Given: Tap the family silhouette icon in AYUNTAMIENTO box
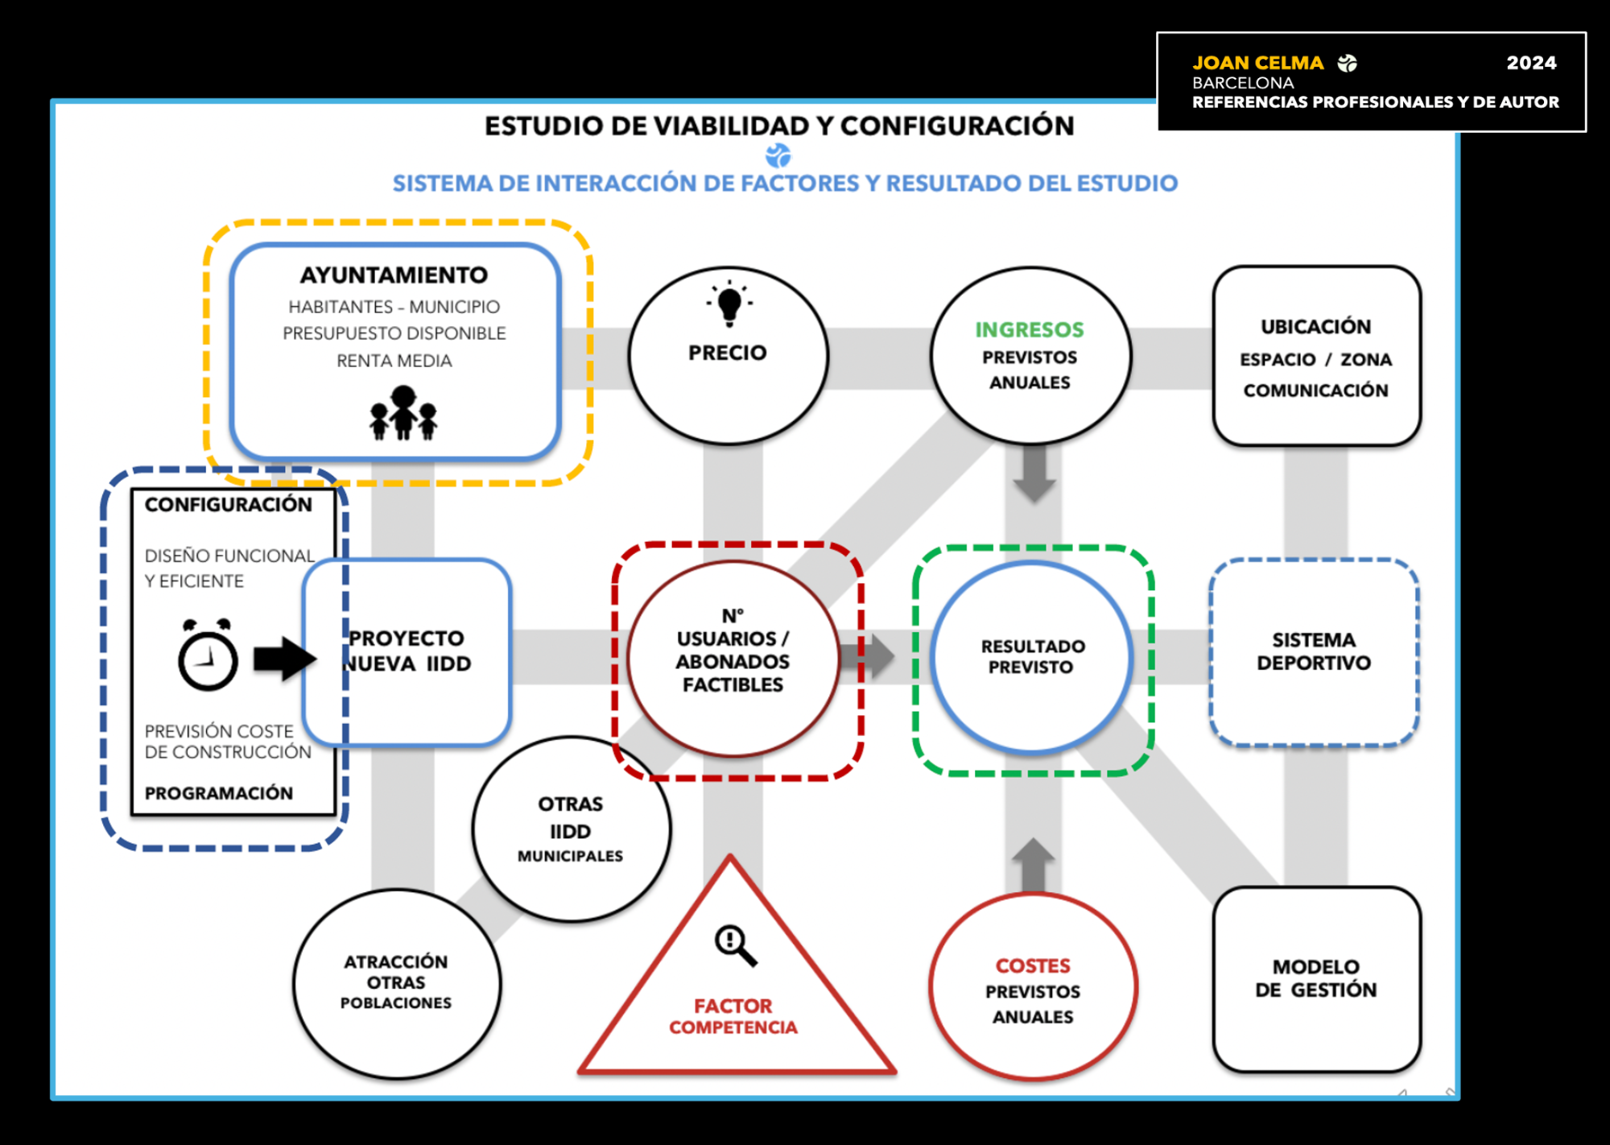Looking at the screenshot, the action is point(403,413).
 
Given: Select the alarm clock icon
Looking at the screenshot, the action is point(208,655).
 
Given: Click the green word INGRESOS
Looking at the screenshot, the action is point(1030,329).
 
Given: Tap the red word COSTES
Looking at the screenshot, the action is point(1033,965).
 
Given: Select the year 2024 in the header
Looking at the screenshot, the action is point(1531,63).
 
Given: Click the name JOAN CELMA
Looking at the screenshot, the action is point(1257,63).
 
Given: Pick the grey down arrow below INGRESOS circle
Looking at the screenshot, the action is point(1034,473).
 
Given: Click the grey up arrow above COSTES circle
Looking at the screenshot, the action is point(1033,866).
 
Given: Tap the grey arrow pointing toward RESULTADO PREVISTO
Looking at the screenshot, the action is point(867,656).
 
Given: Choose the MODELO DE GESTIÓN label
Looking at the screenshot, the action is point(1316,978).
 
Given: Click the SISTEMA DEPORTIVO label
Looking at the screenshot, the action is point(1314,651).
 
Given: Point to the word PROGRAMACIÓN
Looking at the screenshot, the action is point(219,793).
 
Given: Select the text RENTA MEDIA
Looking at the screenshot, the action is point(394,361).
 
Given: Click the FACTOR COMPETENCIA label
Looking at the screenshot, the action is point(733,1016).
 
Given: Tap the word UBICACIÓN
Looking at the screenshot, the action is point(1316,326).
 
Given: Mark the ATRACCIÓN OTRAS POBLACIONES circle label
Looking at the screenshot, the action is point(396,982).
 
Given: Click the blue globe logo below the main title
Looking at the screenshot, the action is point(778,155).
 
